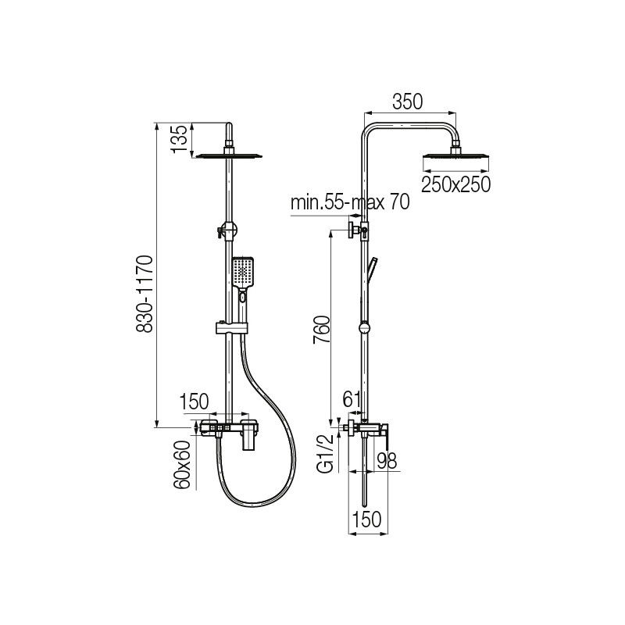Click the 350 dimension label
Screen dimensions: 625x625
click(407, 102)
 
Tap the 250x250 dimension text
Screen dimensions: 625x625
click(455, 184)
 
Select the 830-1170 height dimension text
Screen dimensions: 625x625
click(145, 295)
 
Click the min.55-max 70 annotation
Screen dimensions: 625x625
click(350, 202)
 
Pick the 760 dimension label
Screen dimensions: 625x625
click(322, 330)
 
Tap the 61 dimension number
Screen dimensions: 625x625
click(352, 399)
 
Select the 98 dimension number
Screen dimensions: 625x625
click(387, 461)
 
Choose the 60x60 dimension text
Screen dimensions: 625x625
click(182, 465)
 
